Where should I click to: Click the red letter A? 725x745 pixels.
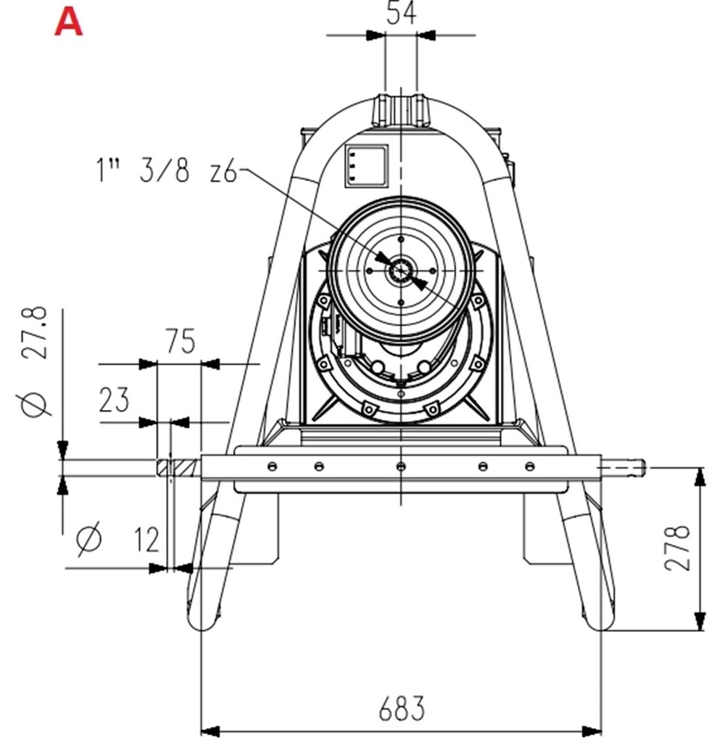click(x=69, y=22)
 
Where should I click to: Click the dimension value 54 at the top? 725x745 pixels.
click(x=401, y=13)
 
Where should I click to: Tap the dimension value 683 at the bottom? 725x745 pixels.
click(x=401, y=708)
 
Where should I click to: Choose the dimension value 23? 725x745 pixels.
click(x=114, y=400)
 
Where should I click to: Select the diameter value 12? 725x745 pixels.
click(x=146, y=539)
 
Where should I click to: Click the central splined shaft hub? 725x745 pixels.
click(x=400, y=270)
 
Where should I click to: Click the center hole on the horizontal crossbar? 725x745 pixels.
click(x=400, y=466)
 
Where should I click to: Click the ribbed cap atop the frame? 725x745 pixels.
click(x=400, y=109)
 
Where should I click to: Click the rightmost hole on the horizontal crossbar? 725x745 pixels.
click(x=530, y=466)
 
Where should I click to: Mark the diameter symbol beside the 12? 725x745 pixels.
click(x=90, y=538)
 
